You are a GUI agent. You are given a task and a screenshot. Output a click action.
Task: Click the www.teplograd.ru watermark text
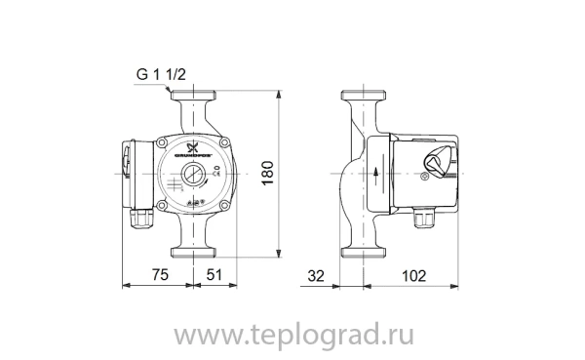292,334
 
